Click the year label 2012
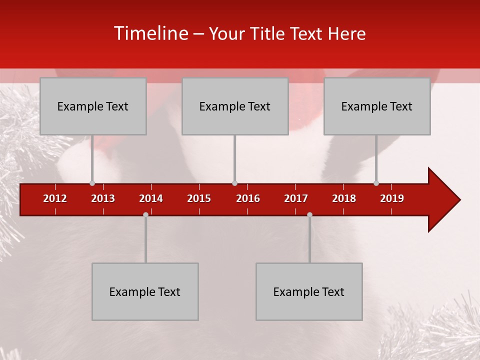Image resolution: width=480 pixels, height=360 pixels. (x=55, y=198)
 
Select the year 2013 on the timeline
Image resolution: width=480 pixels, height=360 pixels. (x=103, y=198)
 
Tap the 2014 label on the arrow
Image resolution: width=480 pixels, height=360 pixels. (x=151, y=198)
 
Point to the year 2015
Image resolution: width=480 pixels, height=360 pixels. (x=199, y=198)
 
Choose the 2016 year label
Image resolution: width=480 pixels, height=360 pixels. (x=248, y=198)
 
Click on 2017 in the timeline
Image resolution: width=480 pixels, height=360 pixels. (x=296, y=198)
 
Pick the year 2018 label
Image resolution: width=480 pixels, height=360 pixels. (x=344, y=198)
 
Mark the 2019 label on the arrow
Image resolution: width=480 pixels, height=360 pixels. (x=392, y=198)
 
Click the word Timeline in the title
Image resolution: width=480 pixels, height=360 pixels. (x=150, y=33)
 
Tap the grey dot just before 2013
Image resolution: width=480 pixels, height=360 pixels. (x=92, y=183)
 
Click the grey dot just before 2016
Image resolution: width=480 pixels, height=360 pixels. (x=234, y=183)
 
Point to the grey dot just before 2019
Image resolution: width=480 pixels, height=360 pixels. (x=376, y=183)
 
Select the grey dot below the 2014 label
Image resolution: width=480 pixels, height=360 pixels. (x=145, y=214)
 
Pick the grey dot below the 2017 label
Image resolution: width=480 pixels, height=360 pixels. (x=309, y=214)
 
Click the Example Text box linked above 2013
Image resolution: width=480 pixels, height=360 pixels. (x=93, y=106)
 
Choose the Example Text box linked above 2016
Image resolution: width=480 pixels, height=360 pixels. (x=235, y=106)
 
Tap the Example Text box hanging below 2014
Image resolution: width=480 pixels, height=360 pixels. (x=145, y=291)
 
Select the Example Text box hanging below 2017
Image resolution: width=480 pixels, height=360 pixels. (x=309, y=291)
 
